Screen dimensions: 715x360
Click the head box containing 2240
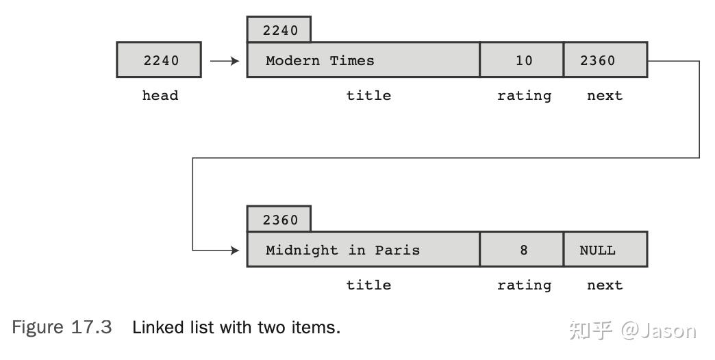(159, 60)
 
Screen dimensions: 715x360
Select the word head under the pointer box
(160, 95)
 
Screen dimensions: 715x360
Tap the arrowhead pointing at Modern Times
(236, 61)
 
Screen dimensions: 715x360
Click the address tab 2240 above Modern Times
(279, 29)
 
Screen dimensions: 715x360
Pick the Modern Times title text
(320, 60)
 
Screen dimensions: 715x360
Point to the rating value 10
(524, 60)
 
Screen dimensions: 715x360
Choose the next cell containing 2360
(605, 60)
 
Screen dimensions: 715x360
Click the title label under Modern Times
(368, 95)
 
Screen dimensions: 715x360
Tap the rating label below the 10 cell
(524, 96)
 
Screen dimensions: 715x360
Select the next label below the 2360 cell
(605, 96)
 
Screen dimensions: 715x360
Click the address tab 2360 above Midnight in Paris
(279, 219)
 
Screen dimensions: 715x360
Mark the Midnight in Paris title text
(342, 250)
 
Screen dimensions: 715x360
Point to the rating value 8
(524, 250)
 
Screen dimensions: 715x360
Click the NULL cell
(605, 249)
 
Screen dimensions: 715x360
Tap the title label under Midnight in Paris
(368, 285)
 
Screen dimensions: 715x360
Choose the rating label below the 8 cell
(524, 285)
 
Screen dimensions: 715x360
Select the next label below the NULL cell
(605, 285)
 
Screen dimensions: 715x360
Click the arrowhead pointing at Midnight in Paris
(236, 250)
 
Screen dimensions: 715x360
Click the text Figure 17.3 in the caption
(62, 327)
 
